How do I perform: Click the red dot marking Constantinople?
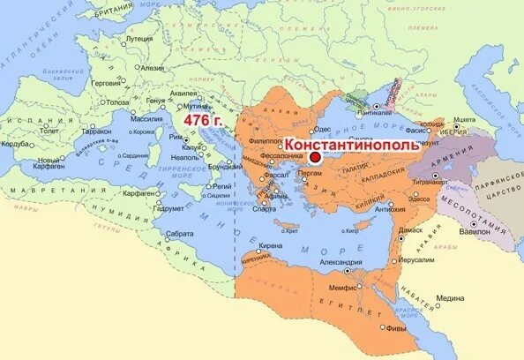315,156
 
